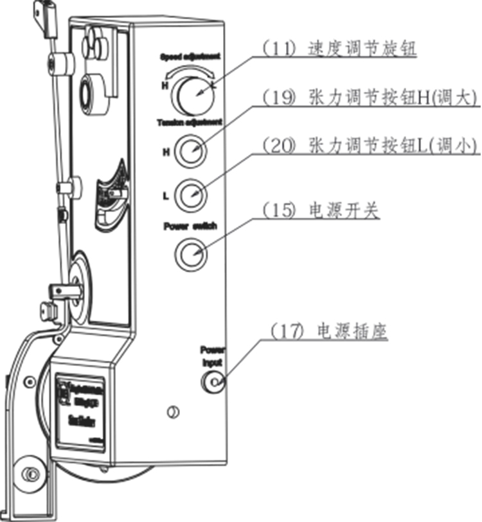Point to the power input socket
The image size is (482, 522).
(214, 383)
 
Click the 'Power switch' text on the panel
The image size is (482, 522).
(191, 226)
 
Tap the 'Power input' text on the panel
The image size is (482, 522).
(211, 356)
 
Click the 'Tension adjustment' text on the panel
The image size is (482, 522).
(190, 121)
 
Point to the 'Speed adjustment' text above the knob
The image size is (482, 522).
(190, 57)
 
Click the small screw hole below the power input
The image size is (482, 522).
(172, 412)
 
